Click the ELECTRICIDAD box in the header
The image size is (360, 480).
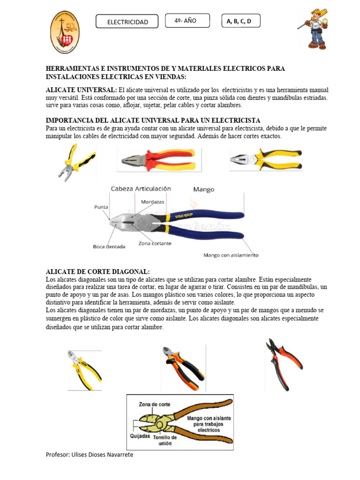click(x=127, y=22)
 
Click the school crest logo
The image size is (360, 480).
click(x=65, y=32)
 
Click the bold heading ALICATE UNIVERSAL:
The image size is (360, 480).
click(x=81, y=90)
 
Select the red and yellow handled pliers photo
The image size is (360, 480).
click(x=158, y=160)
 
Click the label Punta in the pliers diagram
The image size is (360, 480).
click(x=100, y=207)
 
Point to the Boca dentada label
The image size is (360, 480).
click(x=109, y=246)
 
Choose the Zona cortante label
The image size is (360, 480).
click(x=155, y=244)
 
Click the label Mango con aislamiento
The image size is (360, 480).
click(x=231, y=255)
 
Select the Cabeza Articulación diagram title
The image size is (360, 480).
click(x=141, y=189)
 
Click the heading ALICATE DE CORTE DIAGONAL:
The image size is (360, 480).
click(x=97, y=272)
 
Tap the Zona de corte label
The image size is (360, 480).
click(x=154, y=404)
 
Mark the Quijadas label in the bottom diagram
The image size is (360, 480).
click(x=139, y=435)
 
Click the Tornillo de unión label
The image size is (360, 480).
click(x=165, y=440)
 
